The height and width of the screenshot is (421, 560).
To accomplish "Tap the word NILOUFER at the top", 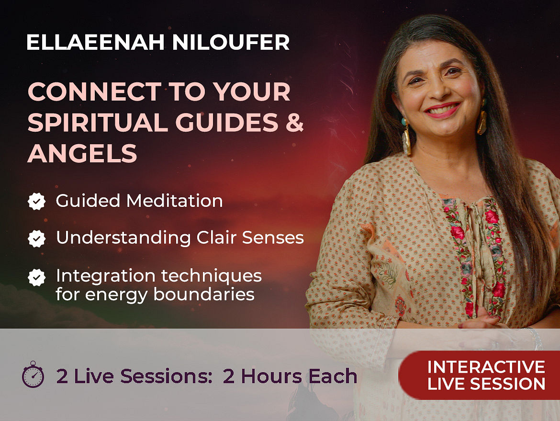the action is pyautogui.click(x=231, y=43).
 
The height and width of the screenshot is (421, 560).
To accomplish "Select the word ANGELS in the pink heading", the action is pyautogui.click(x=82, y=153).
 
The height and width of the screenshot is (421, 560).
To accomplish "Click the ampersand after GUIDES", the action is pyautogui.click(x=295, y=122).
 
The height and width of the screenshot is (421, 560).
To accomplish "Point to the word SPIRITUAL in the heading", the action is pyautogui.click(x=98, y=122).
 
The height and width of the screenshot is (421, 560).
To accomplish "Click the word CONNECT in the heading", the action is pyautogui.click(x=95, y=91).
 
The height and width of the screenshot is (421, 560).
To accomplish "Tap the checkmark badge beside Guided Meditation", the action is pyautogui.click(x=36, y=201).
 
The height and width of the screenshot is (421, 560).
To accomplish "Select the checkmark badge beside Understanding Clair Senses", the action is pyautogui.click(x=36, y=239).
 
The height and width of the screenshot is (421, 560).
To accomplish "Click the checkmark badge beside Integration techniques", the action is pyautogui.click(x=36, y=277).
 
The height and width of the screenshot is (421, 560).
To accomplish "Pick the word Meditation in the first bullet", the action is pyautogui.click(x=175, y=201).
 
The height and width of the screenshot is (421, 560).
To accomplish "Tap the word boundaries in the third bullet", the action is pyautogui.click(x=204, y=295).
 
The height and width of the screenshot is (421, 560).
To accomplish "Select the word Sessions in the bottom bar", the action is pyautogui.click(x=167, y=376).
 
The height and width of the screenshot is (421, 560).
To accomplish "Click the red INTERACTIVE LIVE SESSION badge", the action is pyautogui.click(x=479, y=375).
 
